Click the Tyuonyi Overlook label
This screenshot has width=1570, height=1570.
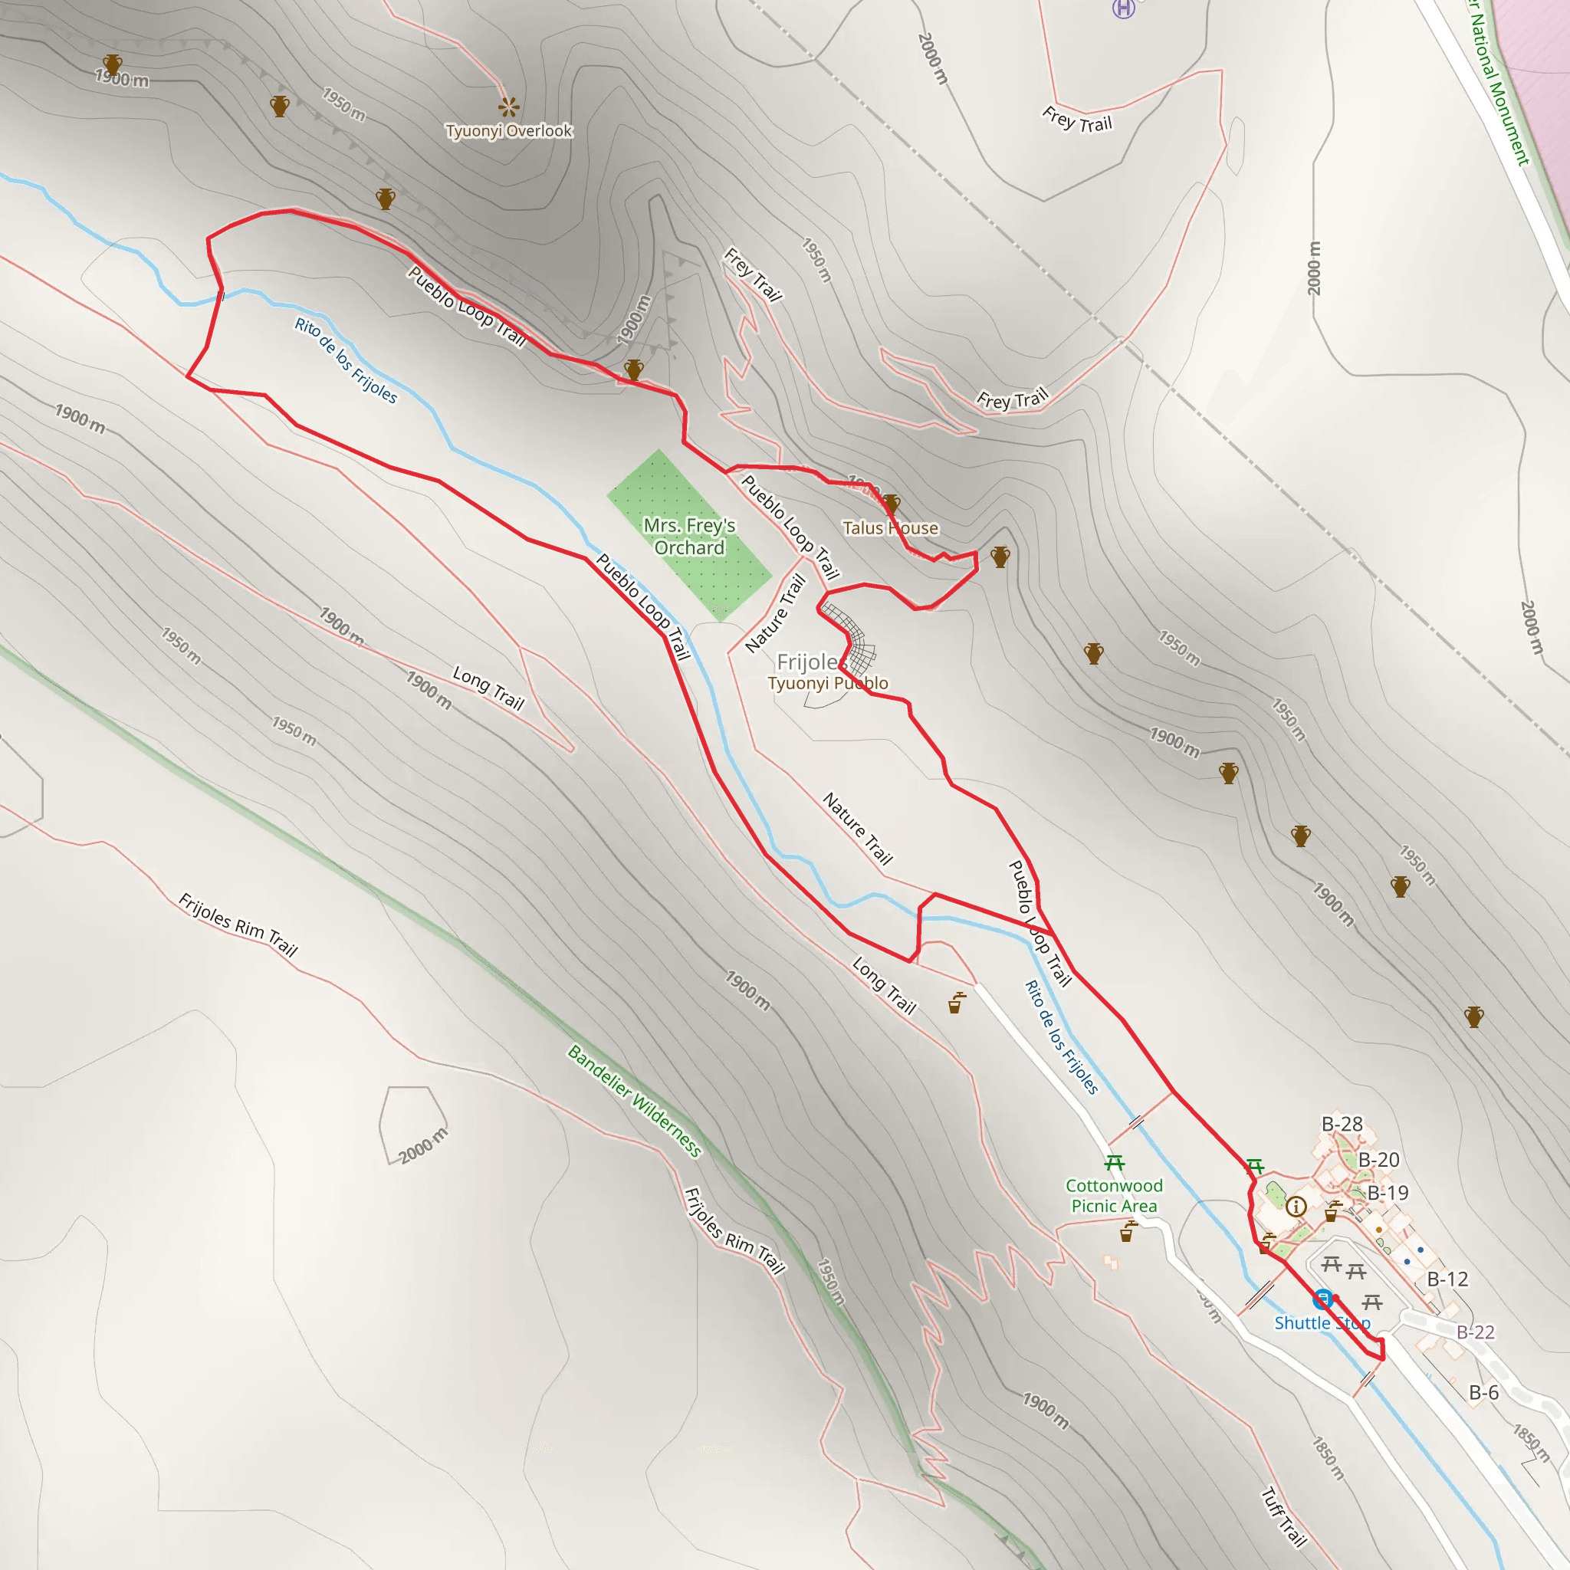coord(509,131)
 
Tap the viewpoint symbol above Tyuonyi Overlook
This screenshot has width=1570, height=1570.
coord(509,107)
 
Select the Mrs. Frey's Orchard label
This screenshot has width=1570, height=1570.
coord(689,537)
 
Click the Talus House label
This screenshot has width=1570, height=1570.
coord(890,528)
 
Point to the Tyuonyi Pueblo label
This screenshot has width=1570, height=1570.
coord(827,683)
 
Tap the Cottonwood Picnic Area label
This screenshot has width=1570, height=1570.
coord(1113,1195)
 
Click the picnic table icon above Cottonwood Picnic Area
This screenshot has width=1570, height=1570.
coord(1114,1163)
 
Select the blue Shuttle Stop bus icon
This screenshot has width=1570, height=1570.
coord(1323,1299)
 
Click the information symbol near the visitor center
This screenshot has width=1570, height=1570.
coord(1296,1206)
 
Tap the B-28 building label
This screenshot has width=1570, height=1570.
coord(1342,1124)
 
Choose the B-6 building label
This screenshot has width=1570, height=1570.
coord(1483,1392)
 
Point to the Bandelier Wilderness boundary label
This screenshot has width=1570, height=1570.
coord(634,1100)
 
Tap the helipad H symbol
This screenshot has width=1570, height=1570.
coord(1123,8)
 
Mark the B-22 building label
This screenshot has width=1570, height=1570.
coord(1475,1332)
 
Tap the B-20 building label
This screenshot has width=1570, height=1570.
coord(1378,1160)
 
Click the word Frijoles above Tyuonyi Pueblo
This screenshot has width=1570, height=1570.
coord(806,662)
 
